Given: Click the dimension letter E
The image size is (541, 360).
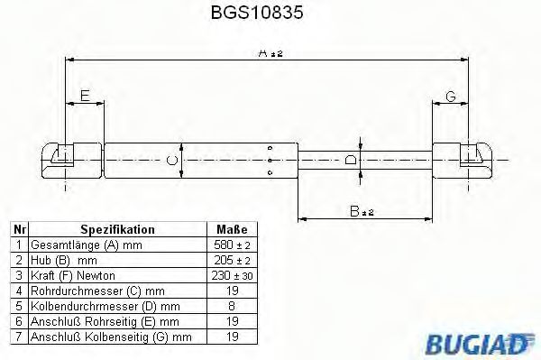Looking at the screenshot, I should coord(85,96).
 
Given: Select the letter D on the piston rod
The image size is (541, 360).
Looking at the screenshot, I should coord(351,161).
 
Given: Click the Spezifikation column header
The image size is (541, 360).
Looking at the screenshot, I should coord(117,229).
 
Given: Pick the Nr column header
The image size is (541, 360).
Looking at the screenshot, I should coord(19,229).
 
